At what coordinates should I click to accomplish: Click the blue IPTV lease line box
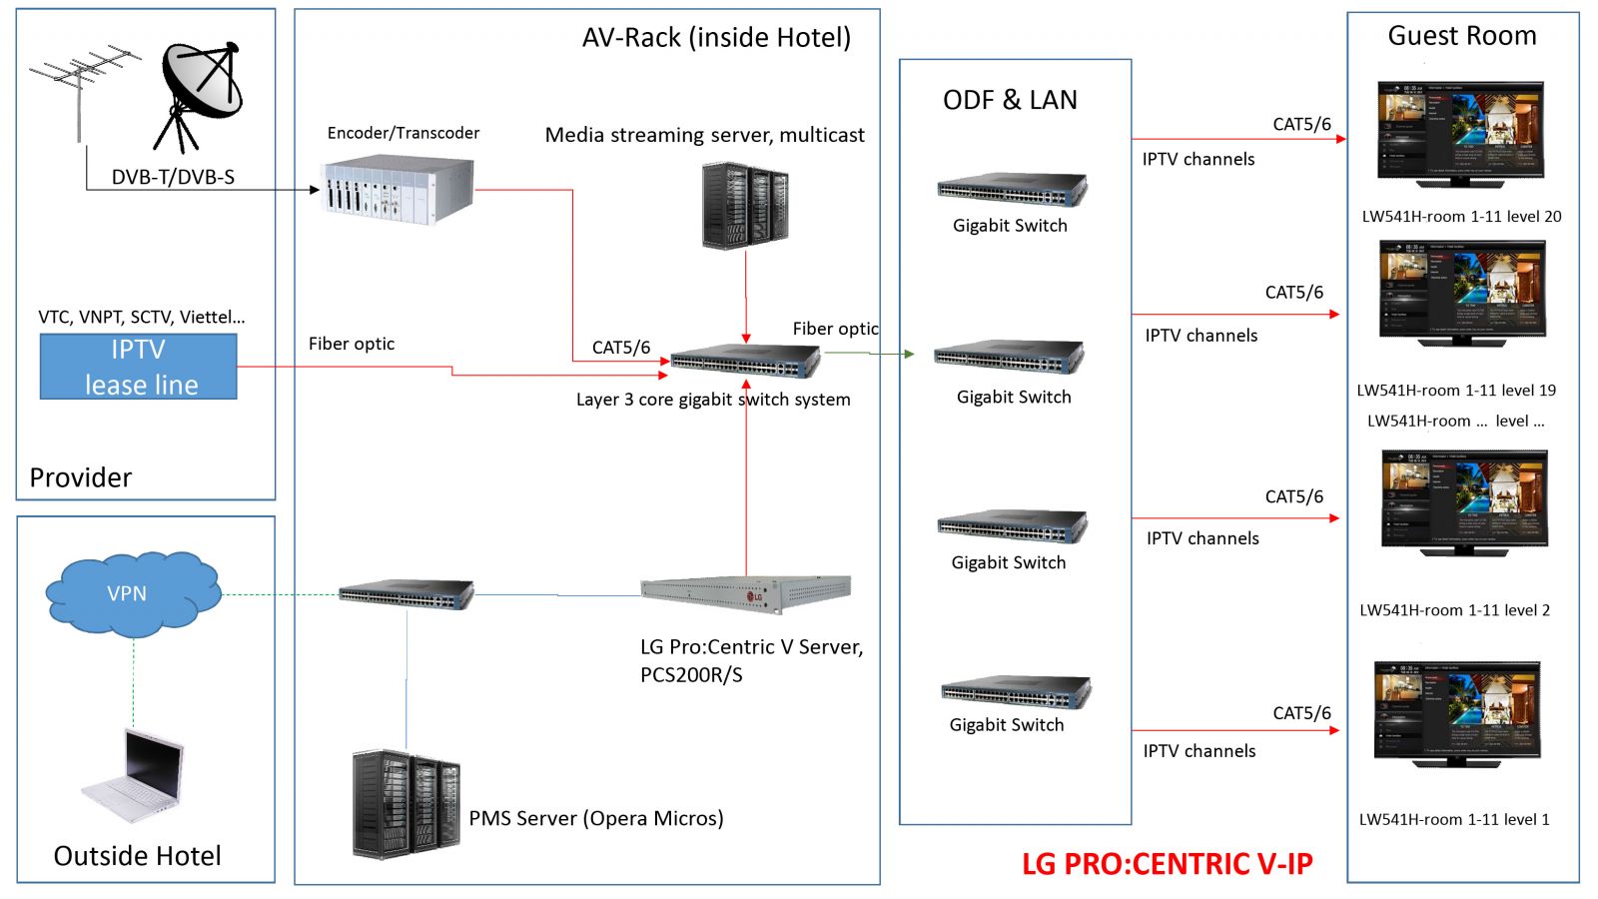(x=138, y=367)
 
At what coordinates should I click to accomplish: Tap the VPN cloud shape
(x=131, y=593)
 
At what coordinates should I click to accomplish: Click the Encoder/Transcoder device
(x=397, y=191)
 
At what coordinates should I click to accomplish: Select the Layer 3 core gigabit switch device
(x=745, y=361)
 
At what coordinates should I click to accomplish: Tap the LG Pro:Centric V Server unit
(x=745, y=594)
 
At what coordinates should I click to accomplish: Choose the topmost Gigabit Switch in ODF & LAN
(x=1011, y=189)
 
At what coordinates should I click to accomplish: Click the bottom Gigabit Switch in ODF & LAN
(x=1015, y=692)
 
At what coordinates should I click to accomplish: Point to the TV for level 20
(x=1460, y=133)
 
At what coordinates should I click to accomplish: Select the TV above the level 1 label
(x=1457, y=712)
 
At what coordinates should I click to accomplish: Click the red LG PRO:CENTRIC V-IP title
(x=1167, y=864)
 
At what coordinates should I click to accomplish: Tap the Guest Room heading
(x=1462, y=36)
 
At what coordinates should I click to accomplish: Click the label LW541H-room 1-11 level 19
(x=1456, y=391)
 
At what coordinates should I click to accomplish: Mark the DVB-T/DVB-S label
(x=173, y=178)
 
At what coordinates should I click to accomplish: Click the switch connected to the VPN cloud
(x=405, y=594)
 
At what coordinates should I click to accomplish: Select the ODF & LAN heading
(x=1010, y=100)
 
